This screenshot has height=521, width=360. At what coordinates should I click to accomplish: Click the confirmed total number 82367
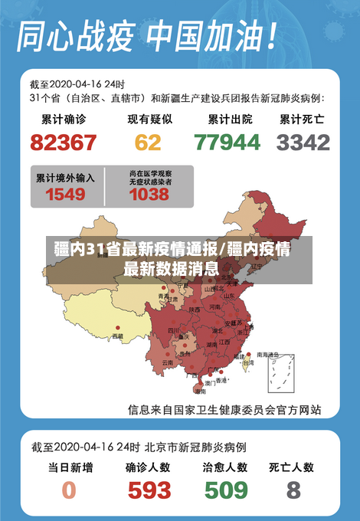pyautogui.click(x=64, y=143)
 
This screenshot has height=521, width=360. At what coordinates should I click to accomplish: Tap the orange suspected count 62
pyautogui.click(x=148, y=143)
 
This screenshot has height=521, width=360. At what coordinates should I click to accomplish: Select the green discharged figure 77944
pyautogui.click(x=227, y=143)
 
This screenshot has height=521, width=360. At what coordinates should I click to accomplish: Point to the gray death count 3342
pyautogui.click(x=303, y=143)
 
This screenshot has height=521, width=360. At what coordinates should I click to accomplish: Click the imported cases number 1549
pyautogui.click(x=65, y=194)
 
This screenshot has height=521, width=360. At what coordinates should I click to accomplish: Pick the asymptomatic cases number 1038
pyautogui.click(x=149, y=195)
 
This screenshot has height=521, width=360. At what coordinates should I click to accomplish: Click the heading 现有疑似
pyautogui.click(x=149, y=120)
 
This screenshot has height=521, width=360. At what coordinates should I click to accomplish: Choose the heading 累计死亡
pyautogui.click(x=301, y=120)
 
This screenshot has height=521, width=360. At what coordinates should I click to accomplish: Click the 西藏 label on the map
pyautogui.click(x=117, y=336)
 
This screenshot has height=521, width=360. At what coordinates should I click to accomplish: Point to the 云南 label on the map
pyautogui.click(x=168, y=362)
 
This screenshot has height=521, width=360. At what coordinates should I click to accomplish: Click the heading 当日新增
pyautogui.click(x=70, y=467)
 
